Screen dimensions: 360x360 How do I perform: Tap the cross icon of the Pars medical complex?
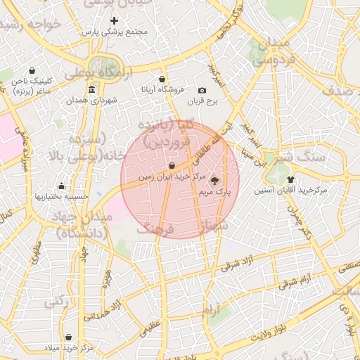(x=114, y=20)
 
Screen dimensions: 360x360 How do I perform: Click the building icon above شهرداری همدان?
(x=92, y=89)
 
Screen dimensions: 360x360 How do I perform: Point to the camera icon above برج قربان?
(x=202, y=90)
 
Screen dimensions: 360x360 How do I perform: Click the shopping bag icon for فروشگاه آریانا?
(x=163, y=79)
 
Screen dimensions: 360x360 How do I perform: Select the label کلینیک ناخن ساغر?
(x=32, y=86)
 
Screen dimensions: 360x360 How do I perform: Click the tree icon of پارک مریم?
(x=214, y=180)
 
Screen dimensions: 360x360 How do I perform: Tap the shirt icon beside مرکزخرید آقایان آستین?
(x=290, y=179)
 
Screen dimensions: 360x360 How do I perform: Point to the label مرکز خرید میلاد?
(x=68, y=348)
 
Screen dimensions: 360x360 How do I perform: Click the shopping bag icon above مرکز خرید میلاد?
(x=68, y=337)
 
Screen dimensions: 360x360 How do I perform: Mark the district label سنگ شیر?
(x=300, y=156)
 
